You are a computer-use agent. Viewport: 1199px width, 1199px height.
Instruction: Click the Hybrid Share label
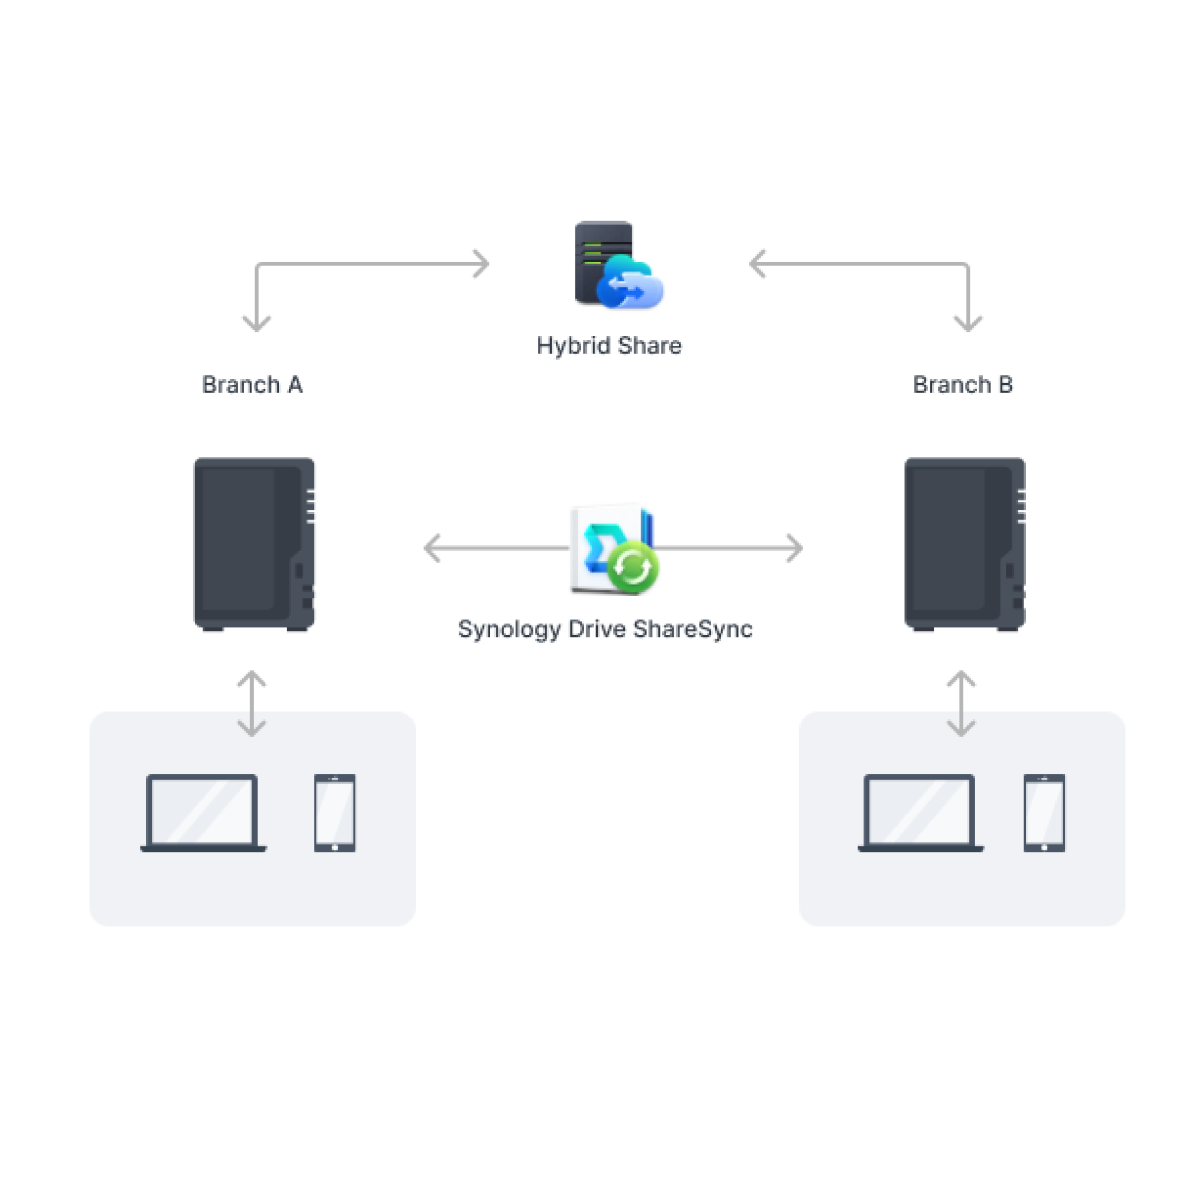(609, 346)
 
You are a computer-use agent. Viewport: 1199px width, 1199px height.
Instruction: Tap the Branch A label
(252, 385)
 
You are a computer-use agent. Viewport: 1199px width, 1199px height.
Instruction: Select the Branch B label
(963, 385)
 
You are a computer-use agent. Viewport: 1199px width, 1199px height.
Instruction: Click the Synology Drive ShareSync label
(605, 629)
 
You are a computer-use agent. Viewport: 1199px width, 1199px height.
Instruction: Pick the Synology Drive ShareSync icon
(613, 549)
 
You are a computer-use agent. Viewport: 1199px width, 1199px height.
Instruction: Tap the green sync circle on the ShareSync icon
(632, 567)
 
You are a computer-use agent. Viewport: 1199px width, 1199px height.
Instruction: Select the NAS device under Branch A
(254, 544)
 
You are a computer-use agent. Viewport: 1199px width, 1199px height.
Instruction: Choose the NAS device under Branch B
(964, 544)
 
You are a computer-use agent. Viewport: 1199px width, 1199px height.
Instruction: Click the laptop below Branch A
(203, 812)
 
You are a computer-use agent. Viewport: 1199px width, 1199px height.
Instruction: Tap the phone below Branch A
(334, 812)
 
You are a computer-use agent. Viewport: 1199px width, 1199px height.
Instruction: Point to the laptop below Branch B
(921, 812)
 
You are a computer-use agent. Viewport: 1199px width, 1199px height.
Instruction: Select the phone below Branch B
(1044, 812)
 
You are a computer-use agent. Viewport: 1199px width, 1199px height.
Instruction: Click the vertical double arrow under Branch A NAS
(252, 703)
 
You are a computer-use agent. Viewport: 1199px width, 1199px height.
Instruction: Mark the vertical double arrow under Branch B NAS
(961, 703)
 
